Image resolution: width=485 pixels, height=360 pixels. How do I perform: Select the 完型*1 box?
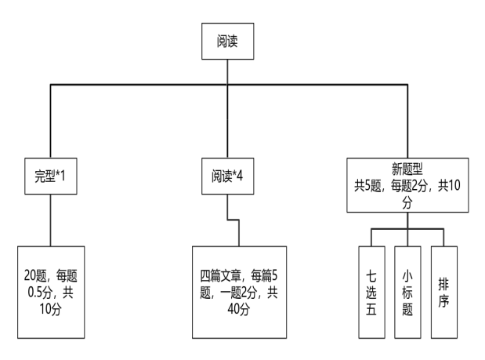pyautogui.click(x=51, y=176)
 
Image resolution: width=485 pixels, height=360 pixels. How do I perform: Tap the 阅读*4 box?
pyautogui.click(x=226, y=176)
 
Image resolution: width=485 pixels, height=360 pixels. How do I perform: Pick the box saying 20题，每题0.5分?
pyautogui.click(x=51, y=290)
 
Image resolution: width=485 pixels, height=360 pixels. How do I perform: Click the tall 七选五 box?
pyautogui.click(x=371, y=290)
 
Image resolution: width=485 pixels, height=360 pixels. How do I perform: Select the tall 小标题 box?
pyautogui.click(x=407, y=290)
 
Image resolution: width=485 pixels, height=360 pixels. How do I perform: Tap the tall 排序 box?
pyautogui.click(x=443, y=290)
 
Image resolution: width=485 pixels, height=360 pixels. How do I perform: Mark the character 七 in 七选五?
pyautogui.click(x=371, y=274)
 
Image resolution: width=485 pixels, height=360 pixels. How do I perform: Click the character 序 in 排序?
pyautogui.click(x=443, y=299)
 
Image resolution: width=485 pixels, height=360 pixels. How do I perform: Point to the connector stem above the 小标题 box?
pyautogui.click(x=407, y=236)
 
